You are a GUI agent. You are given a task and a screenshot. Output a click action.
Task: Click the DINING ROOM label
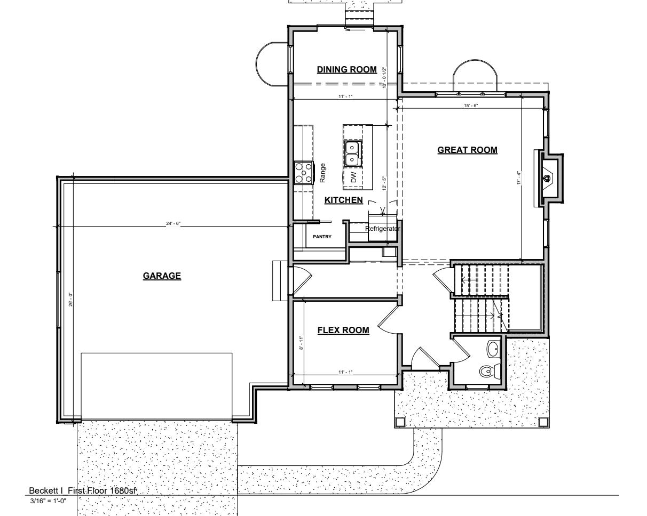[346, 70]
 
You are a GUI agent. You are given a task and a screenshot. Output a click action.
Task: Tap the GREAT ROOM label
[467, 150]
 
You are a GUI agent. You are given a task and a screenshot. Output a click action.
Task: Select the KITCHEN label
[344, 200]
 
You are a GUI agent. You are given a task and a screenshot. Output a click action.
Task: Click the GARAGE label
[162, 276]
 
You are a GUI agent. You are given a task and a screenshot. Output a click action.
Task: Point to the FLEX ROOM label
[343, 330]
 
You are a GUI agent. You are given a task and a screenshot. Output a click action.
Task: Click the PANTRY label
[322, 237]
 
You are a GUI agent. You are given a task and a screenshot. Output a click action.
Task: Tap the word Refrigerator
[382, 229]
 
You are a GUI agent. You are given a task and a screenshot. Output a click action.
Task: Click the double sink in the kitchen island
[352, 153]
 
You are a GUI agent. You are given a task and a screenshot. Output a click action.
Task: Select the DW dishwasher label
[354, 178]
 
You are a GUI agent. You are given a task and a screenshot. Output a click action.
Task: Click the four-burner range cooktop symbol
[303, 173]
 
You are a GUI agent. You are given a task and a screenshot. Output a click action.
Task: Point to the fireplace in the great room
[548, 178]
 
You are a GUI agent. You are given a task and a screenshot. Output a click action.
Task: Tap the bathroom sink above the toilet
[492, 350]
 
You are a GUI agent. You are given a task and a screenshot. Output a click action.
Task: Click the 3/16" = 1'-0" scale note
[48, 501]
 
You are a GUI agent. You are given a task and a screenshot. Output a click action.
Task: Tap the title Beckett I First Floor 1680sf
[83, 490]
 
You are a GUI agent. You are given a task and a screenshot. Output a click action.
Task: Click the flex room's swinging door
[388, 319]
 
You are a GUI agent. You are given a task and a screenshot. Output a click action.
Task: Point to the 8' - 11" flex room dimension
[301, 343]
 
